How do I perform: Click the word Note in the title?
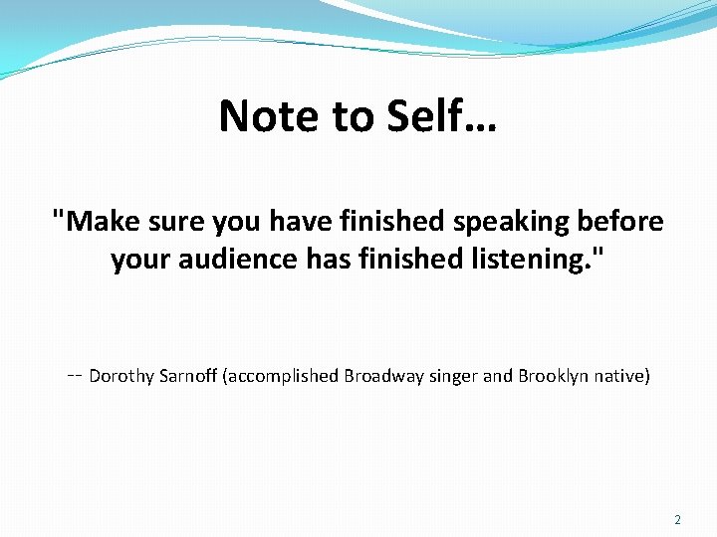coord(261,116)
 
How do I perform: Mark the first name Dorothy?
coord(121,376)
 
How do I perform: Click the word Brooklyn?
coord(551,376)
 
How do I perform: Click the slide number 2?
coord(678,520)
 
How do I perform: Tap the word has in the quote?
coord(342,261)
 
